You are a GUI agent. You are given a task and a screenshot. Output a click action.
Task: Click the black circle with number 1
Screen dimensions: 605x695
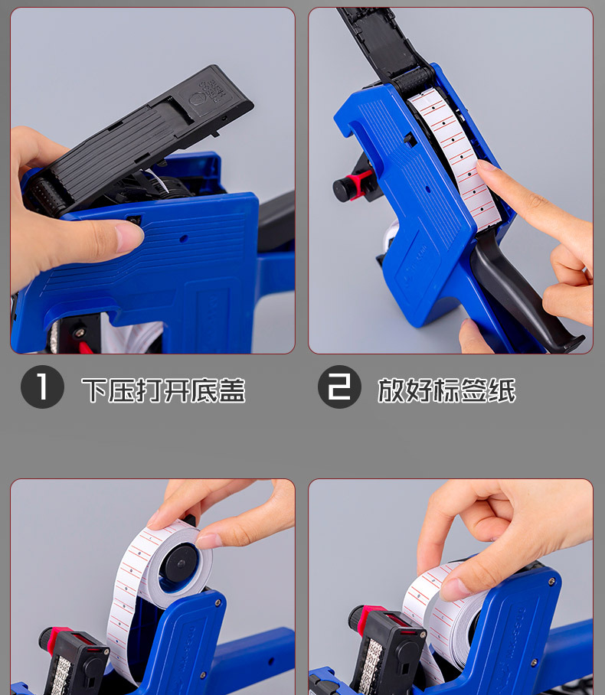42,387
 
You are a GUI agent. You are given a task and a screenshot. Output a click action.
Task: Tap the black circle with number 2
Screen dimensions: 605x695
339,387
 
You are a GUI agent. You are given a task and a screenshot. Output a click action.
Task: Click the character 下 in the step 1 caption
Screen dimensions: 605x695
94,390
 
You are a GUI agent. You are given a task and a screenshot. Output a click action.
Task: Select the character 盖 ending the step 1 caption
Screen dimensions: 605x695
232,390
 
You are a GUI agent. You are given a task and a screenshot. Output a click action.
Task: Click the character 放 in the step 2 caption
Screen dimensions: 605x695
391,390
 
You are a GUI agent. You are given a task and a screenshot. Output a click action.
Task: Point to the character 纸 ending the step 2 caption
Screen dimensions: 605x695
502,390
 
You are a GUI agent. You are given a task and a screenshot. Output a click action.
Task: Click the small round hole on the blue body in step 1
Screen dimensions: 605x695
183,239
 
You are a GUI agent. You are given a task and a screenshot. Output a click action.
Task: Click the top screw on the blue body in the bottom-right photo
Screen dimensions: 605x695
551,582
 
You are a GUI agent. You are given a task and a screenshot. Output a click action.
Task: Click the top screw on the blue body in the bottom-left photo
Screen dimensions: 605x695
217,603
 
